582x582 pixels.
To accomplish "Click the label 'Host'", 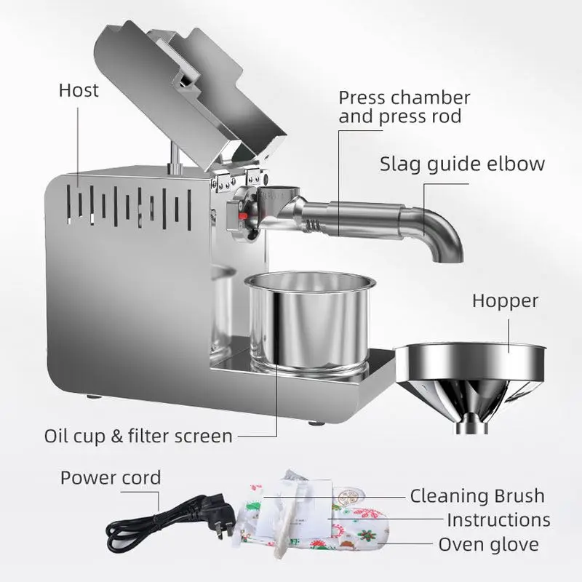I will (x=78, y=91).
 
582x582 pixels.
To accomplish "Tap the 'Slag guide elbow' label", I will (x=462, y=163).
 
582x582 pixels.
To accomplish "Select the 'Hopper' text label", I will (x=504, y=300).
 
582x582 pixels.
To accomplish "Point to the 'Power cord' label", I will (x=110, y=478).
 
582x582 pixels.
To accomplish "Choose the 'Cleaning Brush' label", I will (x=477, y=496).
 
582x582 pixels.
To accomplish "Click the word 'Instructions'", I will (x=498, y=519).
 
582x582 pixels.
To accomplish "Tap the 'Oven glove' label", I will (x=488, y=544).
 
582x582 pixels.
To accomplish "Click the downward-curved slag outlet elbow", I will (x=440, y=233).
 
